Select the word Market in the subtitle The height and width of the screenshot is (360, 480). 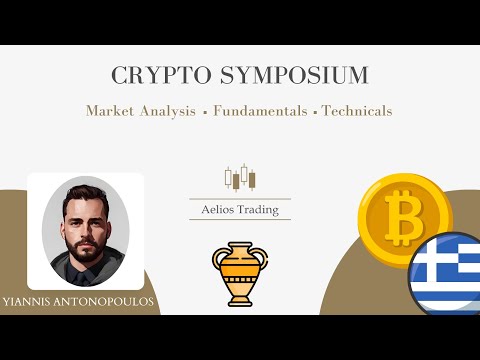click(111, 110)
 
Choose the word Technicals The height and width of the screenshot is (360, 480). click(357, 110)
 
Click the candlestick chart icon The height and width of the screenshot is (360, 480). click(239, 178)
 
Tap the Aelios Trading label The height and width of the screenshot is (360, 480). click(239, 208)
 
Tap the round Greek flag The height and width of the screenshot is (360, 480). click(448, 272)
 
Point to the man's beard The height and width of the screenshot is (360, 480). click(85, 241)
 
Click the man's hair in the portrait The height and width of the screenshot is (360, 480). click(84, 191)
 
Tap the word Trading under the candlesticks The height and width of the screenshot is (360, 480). click(262, 208)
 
